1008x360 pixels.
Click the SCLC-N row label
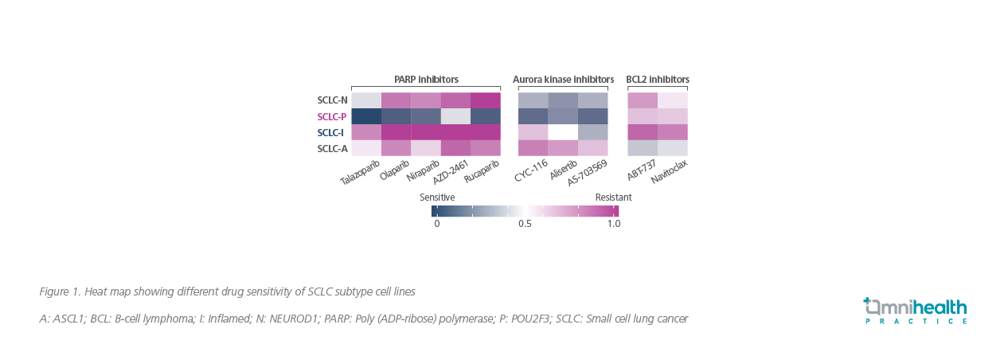[x=332, y=100]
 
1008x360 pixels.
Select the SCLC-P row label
[x=332, y=116]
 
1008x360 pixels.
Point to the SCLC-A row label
[x=332, y=148]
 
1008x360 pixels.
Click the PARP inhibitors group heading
[x=426, y=80]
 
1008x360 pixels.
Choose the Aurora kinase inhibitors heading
[x=563, y=80]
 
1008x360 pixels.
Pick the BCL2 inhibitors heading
[x=658, y=80]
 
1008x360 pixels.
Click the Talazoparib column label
[x=361, y=171]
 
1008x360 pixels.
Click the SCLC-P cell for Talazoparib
[x=366, y=116]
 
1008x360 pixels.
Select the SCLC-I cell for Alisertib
[x=563, y=132]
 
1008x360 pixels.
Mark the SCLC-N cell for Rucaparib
[x=486, y=100]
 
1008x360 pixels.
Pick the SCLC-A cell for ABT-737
[x=643, y=148]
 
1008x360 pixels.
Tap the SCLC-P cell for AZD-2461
[x=455, y=116]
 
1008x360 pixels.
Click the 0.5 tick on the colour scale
[x=525, y=224]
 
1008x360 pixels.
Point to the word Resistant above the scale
[x=613, y=197]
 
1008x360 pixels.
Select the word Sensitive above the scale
[x=437, y=197]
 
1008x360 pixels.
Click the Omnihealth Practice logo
[x=916, y=311]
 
